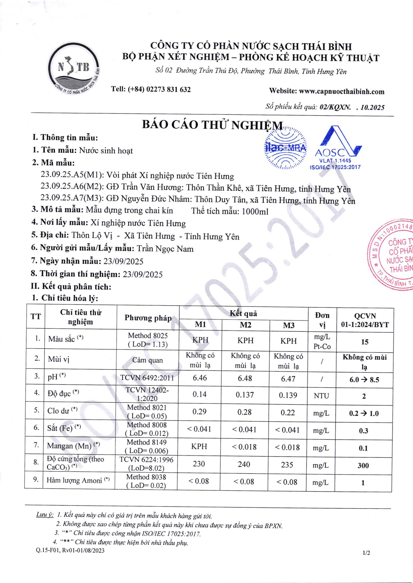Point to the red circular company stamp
tap(393, 256)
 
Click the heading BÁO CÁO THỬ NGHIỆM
tap(212, 126)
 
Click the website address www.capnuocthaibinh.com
tap(342, 92)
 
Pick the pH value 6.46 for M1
tap(200, 378)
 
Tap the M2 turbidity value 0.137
tap(245, 395)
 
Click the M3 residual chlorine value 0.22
tap(288, 413)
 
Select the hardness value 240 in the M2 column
tap(244, 464)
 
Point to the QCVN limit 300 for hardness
tap(363, 465)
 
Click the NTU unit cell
tap(321, 396)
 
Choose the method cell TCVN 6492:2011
tap(147, 378)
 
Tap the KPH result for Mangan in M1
tap(199, 446)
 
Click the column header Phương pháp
tap(148, 318)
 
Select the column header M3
tap(289, 325)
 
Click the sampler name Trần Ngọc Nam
tap(165, 249)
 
